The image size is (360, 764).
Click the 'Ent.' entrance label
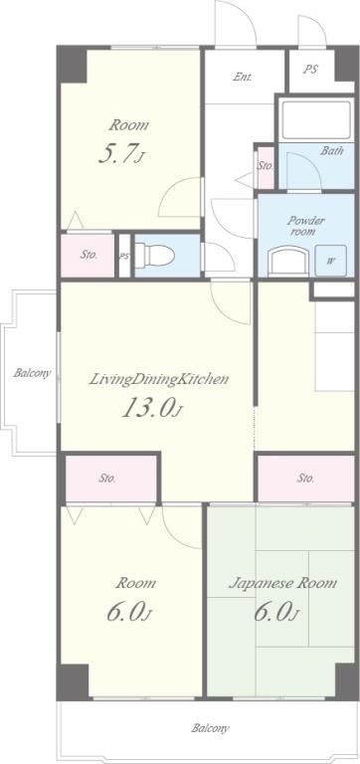(242, 77)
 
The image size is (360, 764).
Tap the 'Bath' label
(331, 150)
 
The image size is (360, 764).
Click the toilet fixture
(154, 255)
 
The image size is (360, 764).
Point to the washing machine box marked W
(331, 261)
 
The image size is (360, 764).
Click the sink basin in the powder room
(289, 261)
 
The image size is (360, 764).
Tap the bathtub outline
(315, 120)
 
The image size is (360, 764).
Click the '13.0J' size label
(151, 408)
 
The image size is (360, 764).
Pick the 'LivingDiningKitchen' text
(158, 380)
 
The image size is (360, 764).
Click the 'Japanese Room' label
(282, 583)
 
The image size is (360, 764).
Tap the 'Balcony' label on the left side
(32, 374)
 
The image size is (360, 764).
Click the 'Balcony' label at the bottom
(210, 729)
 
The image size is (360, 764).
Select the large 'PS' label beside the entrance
(310, 70)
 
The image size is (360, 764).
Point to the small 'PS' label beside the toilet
(124, 257)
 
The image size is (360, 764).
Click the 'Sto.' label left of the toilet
(89, 254)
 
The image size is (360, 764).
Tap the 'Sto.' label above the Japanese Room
(305, 477)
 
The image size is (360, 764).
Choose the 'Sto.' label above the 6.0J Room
(107, 477)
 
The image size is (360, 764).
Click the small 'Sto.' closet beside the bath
(266, 166)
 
